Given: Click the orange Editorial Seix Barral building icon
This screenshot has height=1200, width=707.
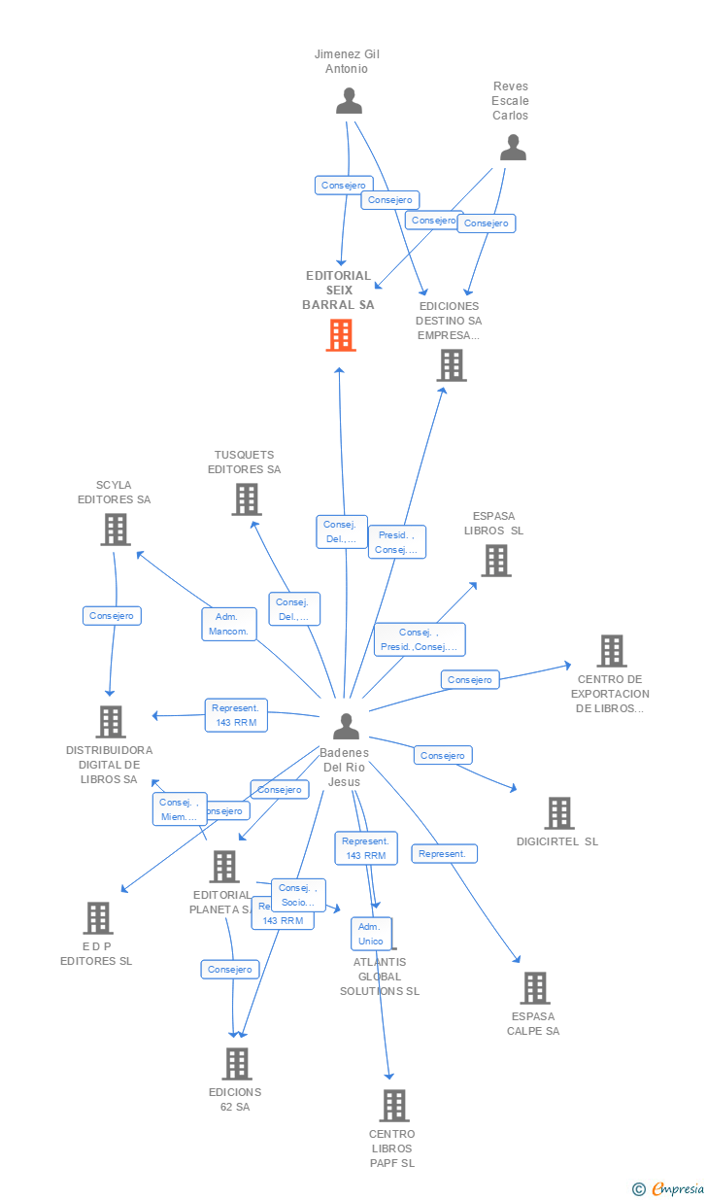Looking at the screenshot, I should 340,335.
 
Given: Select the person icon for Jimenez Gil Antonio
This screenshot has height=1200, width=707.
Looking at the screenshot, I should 348,100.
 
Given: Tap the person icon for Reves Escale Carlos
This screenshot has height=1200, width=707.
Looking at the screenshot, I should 512,147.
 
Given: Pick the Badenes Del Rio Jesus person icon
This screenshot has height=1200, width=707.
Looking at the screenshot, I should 346,726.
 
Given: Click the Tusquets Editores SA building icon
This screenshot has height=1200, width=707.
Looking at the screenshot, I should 247,498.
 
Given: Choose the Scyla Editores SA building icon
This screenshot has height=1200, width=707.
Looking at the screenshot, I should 116,529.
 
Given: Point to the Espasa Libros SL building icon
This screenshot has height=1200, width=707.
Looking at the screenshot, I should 495,560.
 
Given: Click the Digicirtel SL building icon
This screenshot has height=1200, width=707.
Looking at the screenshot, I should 558,812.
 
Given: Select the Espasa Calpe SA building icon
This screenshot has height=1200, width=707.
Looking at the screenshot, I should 534,987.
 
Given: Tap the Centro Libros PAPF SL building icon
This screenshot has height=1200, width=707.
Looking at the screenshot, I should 393,1105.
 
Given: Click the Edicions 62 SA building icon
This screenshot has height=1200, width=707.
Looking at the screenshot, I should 236,1063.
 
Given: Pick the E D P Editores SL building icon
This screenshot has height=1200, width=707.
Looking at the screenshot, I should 97,917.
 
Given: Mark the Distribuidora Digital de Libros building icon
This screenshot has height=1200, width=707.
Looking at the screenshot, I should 111,721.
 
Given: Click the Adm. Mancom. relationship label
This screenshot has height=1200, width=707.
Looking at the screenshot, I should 229,624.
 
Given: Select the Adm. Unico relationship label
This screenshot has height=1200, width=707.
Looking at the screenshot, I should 371,934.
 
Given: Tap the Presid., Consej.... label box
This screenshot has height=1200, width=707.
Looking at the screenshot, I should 396,542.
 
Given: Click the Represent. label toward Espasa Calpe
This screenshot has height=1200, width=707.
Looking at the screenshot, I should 444,854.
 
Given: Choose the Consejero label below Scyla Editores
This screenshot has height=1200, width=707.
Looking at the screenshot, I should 112,616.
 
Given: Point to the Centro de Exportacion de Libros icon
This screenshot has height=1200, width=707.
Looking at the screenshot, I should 611,650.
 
